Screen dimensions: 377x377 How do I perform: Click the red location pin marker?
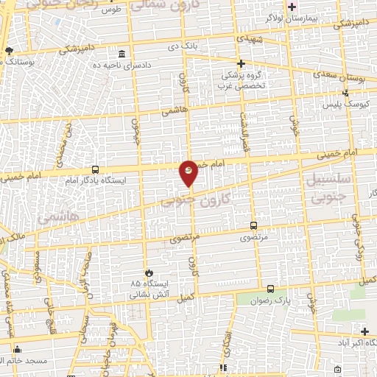pos(188,174)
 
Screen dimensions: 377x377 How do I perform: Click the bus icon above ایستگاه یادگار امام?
pos(95,169)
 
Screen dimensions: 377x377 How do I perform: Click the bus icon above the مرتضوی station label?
pos(254,226)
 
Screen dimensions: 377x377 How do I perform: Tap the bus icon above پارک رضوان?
pos(271,289)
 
